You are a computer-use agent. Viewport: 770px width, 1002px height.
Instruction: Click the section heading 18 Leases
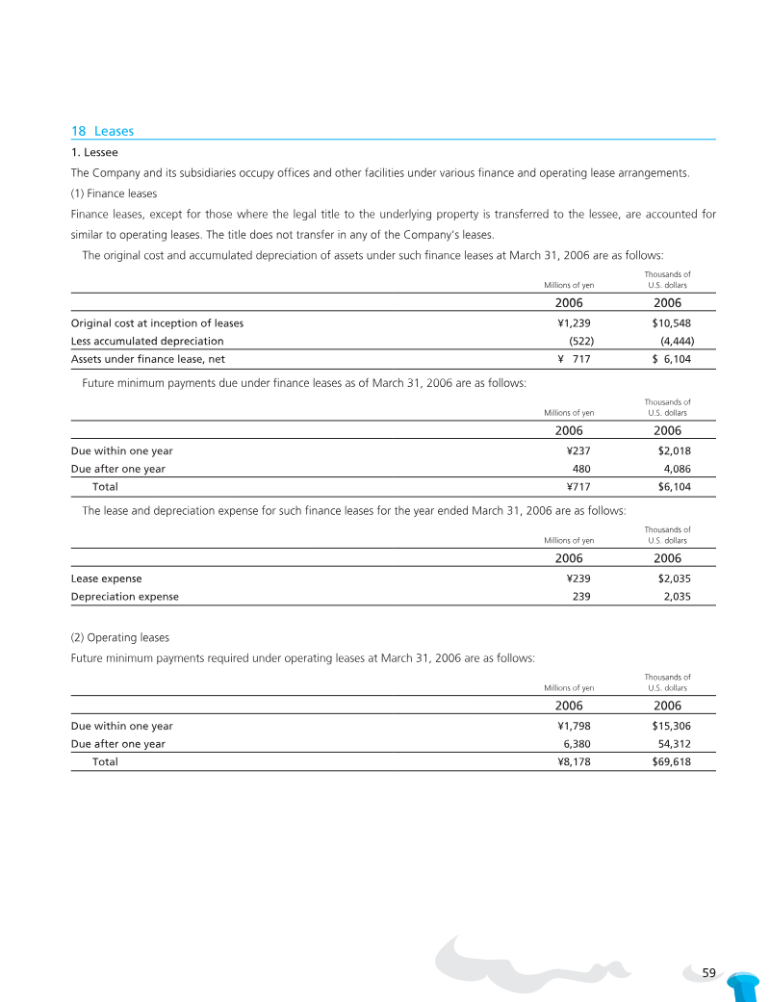102,131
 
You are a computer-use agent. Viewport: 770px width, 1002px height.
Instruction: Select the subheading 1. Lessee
94,152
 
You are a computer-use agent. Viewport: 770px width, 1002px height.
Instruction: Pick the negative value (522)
580,341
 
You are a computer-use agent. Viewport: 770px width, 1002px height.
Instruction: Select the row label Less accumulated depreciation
147,341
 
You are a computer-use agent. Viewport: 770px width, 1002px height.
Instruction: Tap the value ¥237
578,450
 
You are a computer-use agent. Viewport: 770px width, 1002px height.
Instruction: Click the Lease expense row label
106,578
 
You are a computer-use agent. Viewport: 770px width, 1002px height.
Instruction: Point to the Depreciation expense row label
125,597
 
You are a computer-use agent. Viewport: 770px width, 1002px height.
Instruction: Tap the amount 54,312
671,744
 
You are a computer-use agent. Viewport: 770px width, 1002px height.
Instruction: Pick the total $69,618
671,761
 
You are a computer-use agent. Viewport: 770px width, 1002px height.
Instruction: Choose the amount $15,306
671,726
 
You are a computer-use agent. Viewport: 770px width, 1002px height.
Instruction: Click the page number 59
709,973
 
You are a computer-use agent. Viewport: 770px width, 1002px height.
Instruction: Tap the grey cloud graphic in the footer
529,963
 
